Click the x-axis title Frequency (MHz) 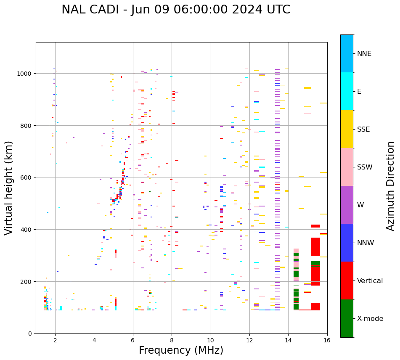pos(181,350)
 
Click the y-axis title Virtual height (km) pos(9,188)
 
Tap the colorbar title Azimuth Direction pos(390,186)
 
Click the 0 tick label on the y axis pos(30,334)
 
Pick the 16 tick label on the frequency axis pos(327,341)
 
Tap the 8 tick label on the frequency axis pos(172,341)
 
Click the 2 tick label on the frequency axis pos(55,341)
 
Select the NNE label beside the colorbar pos(364,53)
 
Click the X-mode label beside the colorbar pos(370,319)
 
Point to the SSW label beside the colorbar pos(365,167)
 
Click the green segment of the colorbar pos(347,318)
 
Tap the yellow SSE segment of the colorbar pos(347,129)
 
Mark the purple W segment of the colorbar pos(347,205)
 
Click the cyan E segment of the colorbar pos(347,91)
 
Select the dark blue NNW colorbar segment pos(347,243)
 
